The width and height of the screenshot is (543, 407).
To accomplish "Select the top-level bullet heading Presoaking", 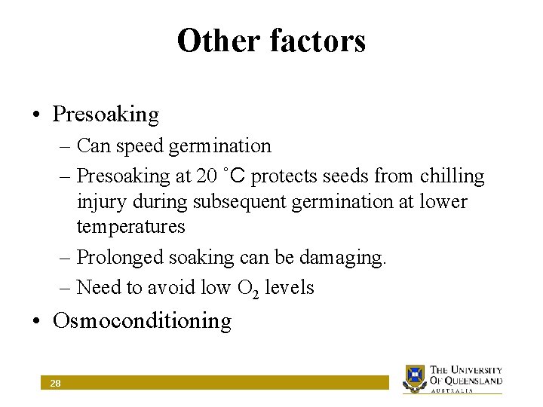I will click(106, 115).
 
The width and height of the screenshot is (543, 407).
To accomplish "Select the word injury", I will click(97, 202).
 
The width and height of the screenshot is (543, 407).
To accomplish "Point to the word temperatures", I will click(130, 227).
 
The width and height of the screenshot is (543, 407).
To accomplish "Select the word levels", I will click(290, 287).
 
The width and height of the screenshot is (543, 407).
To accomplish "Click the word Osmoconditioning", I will click(142, 320).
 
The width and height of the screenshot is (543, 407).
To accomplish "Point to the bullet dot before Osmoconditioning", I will click(36, 321).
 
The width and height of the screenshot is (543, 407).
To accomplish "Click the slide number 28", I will click(55, 384).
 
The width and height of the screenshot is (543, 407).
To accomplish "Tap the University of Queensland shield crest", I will click(415, 377).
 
